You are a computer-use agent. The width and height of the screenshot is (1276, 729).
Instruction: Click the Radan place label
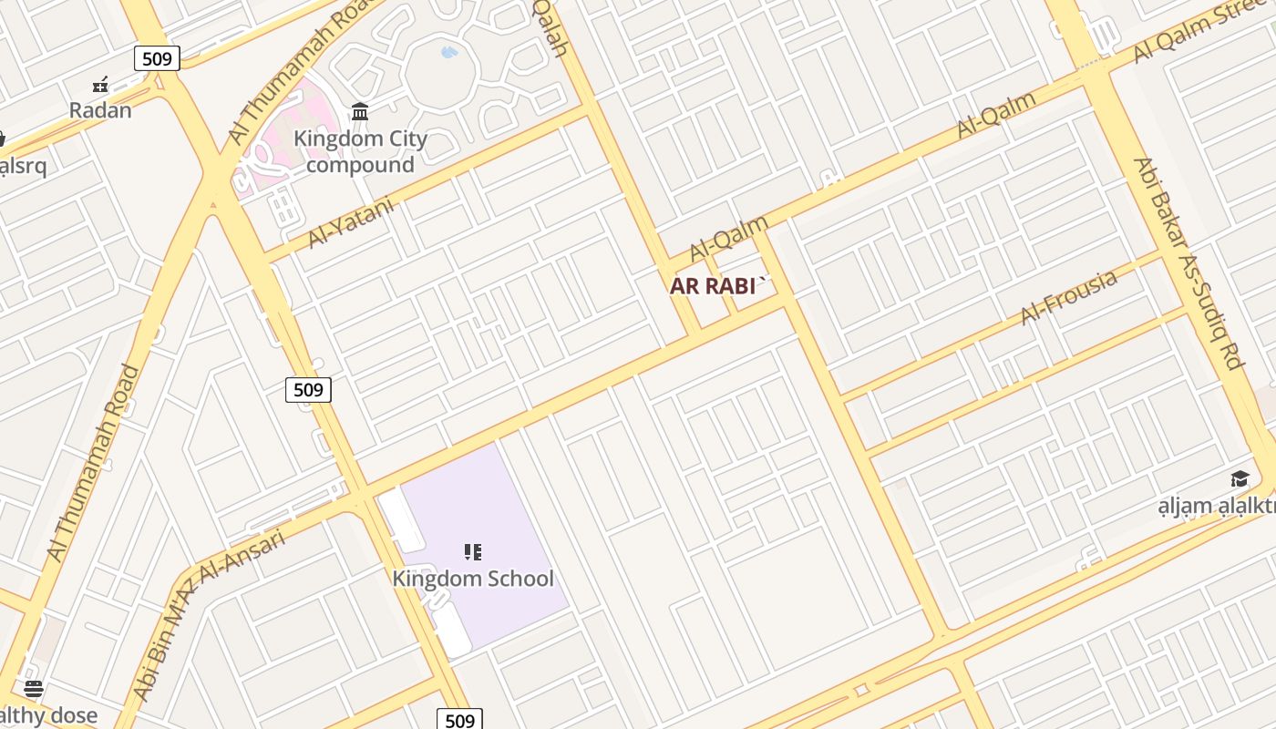(100, 110)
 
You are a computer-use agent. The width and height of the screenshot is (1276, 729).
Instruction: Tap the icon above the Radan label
(100, 86)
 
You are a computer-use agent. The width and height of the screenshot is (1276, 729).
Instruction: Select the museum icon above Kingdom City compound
(360, 112)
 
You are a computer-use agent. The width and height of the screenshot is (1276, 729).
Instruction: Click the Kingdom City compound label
(360, 152)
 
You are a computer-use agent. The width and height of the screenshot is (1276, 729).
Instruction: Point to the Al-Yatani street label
(351, 222)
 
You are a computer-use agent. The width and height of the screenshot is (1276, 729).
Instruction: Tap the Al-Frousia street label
(1068, 297)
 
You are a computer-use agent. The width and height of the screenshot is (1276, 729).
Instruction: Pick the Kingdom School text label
(473, 579)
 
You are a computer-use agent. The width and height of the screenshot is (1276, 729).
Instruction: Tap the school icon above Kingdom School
(472, 551)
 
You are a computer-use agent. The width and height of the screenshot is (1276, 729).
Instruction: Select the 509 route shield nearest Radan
(157, 58)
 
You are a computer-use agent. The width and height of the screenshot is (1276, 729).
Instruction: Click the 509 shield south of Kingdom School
(459, 720)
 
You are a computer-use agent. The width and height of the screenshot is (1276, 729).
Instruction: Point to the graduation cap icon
(1240, 479)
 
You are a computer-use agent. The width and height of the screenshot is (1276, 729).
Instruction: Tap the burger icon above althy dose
(34, 688)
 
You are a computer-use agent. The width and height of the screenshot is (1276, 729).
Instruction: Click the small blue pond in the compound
(449, 53)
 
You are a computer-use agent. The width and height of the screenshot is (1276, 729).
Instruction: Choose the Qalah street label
(551, 27)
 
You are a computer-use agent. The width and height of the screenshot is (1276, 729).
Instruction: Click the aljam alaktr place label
(1217, 507)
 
